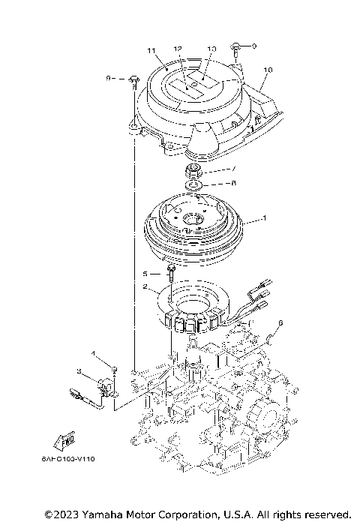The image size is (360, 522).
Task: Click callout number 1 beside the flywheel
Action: [x=263, y=220]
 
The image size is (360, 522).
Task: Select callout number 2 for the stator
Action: [x=145, y=286]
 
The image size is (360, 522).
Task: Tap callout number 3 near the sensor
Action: [x=79, y=370]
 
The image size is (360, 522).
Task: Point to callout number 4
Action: [x=94, y=352]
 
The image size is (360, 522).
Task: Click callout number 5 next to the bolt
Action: [x=146, y=274]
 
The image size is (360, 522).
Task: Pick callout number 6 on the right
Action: [x=280, y=323]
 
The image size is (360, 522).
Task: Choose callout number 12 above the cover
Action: [x=178, y=49]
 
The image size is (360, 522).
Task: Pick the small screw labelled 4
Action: [x=113, y=367]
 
